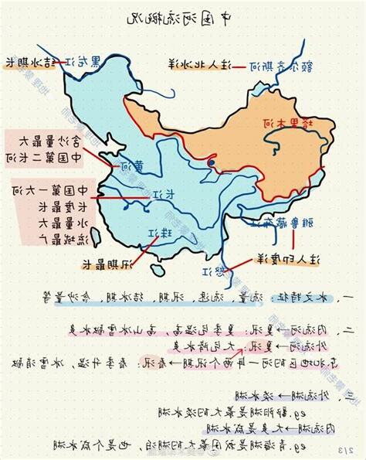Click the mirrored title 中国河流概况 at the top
coord(184,17)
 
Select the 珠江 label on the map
coord(164,233)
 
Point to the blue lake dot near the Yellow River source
coord(211,163)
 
